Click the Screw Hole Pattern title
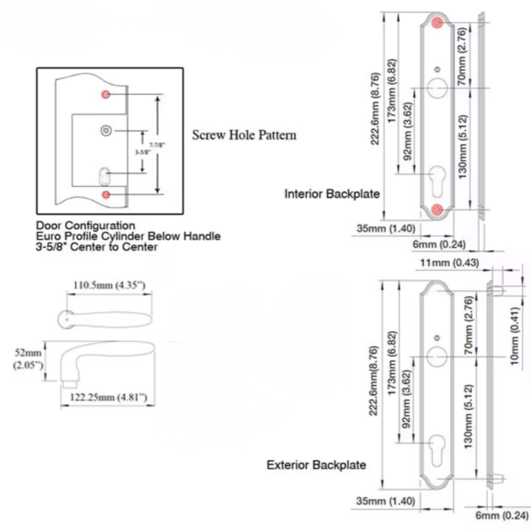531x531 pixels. (x=244, y=135)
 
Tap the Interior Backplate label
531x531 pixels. (x=332, y=194)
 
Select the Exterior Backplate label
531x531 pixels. (x=316, y=465)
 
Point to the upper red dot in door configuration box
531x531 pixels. (x=106, y=94)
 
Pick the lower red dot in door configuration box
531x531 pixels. (x=106, y=195)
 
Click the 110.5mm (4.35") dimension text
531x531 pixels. (x=109, y=285)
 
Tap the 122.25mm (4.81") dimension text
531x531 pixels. (x=108, y=397)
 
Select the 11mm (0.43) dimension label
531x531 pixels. (x=449, y=263)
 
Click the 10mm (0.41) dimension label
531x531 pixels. (x=514, y=336)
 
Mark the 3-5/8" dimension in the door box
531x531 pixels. (x=143, y=152)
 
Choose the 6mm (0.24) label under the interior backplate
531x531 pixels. (x=439, y=245)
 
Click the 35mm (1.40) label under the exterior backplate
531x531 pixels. (x=385, y=501)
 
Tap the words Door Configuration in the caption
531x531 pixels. (x=85, y=226)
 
